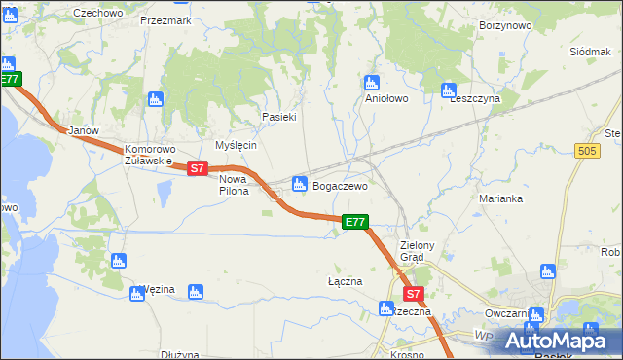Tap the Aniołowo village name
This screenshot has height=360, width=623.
click(x=385, y=98)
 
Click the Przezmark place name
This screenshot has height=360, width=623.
click(x=165, y=19)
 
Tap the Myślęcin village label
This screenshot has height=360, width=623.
click(x=236, y=145)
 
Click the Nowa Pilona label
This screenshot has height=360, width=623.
click(x=234, y=185)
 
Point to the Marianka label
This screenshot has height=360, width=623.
click(x=501, y=198)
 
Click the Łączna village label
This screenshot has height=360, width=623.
click(x=345, y=281)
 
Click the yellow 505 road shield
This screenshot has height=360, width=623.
click(x=586, y=151)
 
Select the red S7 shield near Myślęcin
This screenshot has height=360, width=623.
click(x=197, y=168)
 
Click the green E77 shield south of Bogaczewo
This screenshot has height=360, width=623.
click(x=355, y=223)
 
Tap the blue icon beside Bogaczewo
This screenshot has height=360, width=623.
click(x=300, y=183)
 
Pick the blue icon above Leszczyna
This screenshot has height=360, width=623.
click(x=449, y=90)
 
